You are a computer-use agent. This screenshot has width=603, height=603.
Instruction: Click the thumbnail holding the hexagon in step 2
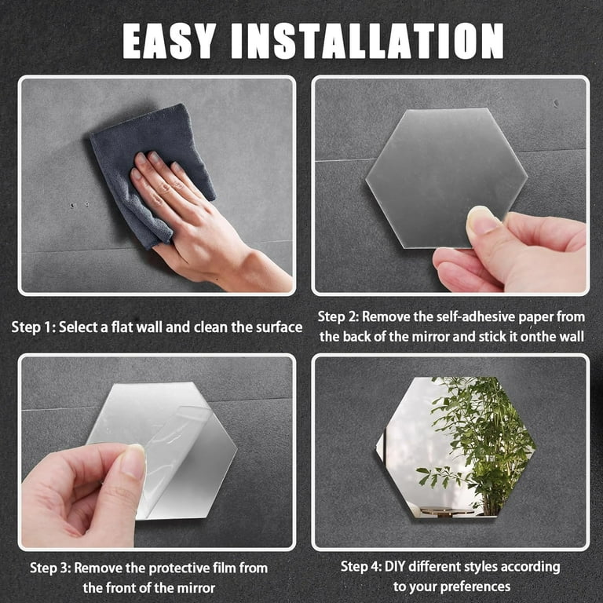click(482, 222)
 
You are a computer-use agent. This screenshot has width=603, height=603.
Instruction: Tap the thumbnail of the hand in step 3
click(133, 462)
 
